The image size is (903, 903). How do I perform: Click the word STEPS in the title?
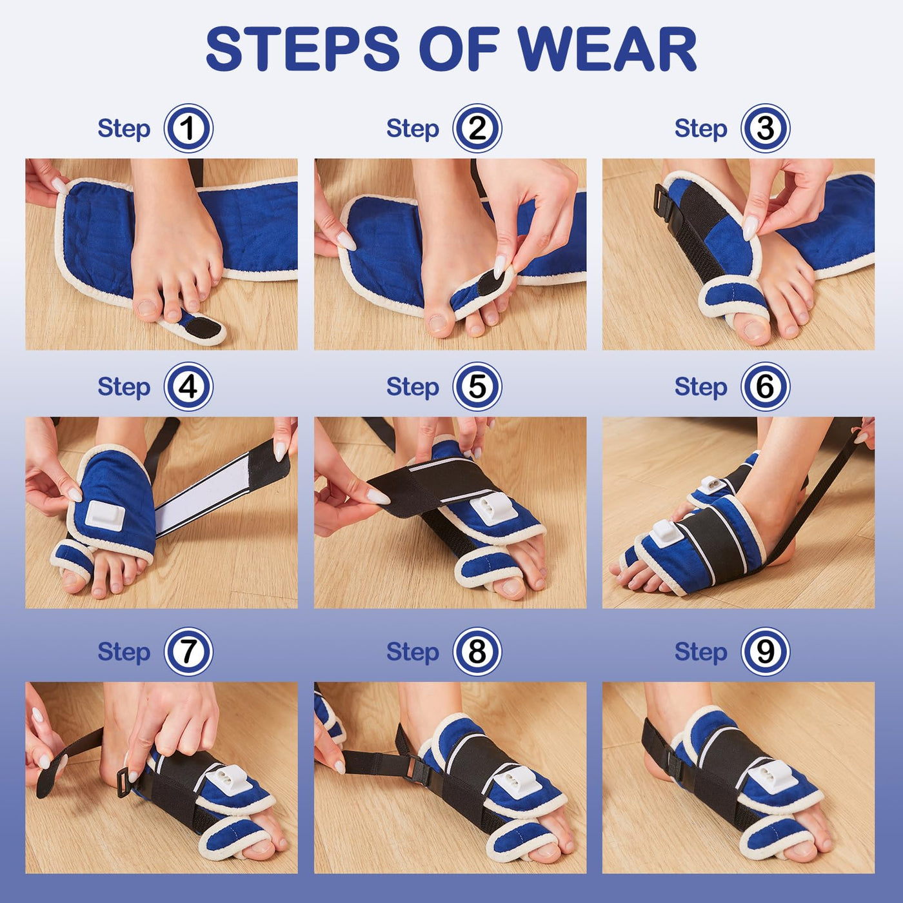(303, 50)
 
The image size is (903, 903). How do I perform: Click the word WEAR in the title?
(608, 50)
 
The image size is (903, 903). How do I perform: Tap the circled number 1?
(188, 128)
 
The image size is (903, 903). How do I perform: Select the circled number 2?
(477, 128)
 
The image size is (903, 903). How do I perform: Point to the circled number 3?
(765, 128)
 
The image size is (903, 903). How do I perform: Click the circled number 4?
(188, 387)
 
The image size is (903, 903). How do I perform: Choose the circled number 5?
(477, 387)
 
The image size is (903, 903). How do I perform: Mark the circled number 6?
(765, 387)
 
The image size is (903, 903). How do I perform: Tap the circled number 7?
(188, 652)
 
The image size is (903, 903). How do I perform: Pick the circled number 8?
(477, 652)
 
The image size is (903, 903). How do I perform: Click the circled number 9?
(765, 652)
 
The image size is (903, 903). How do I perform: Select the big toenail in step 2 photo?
(439, 323)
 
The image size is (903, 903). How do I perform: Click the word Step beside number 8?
(412, 652)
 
